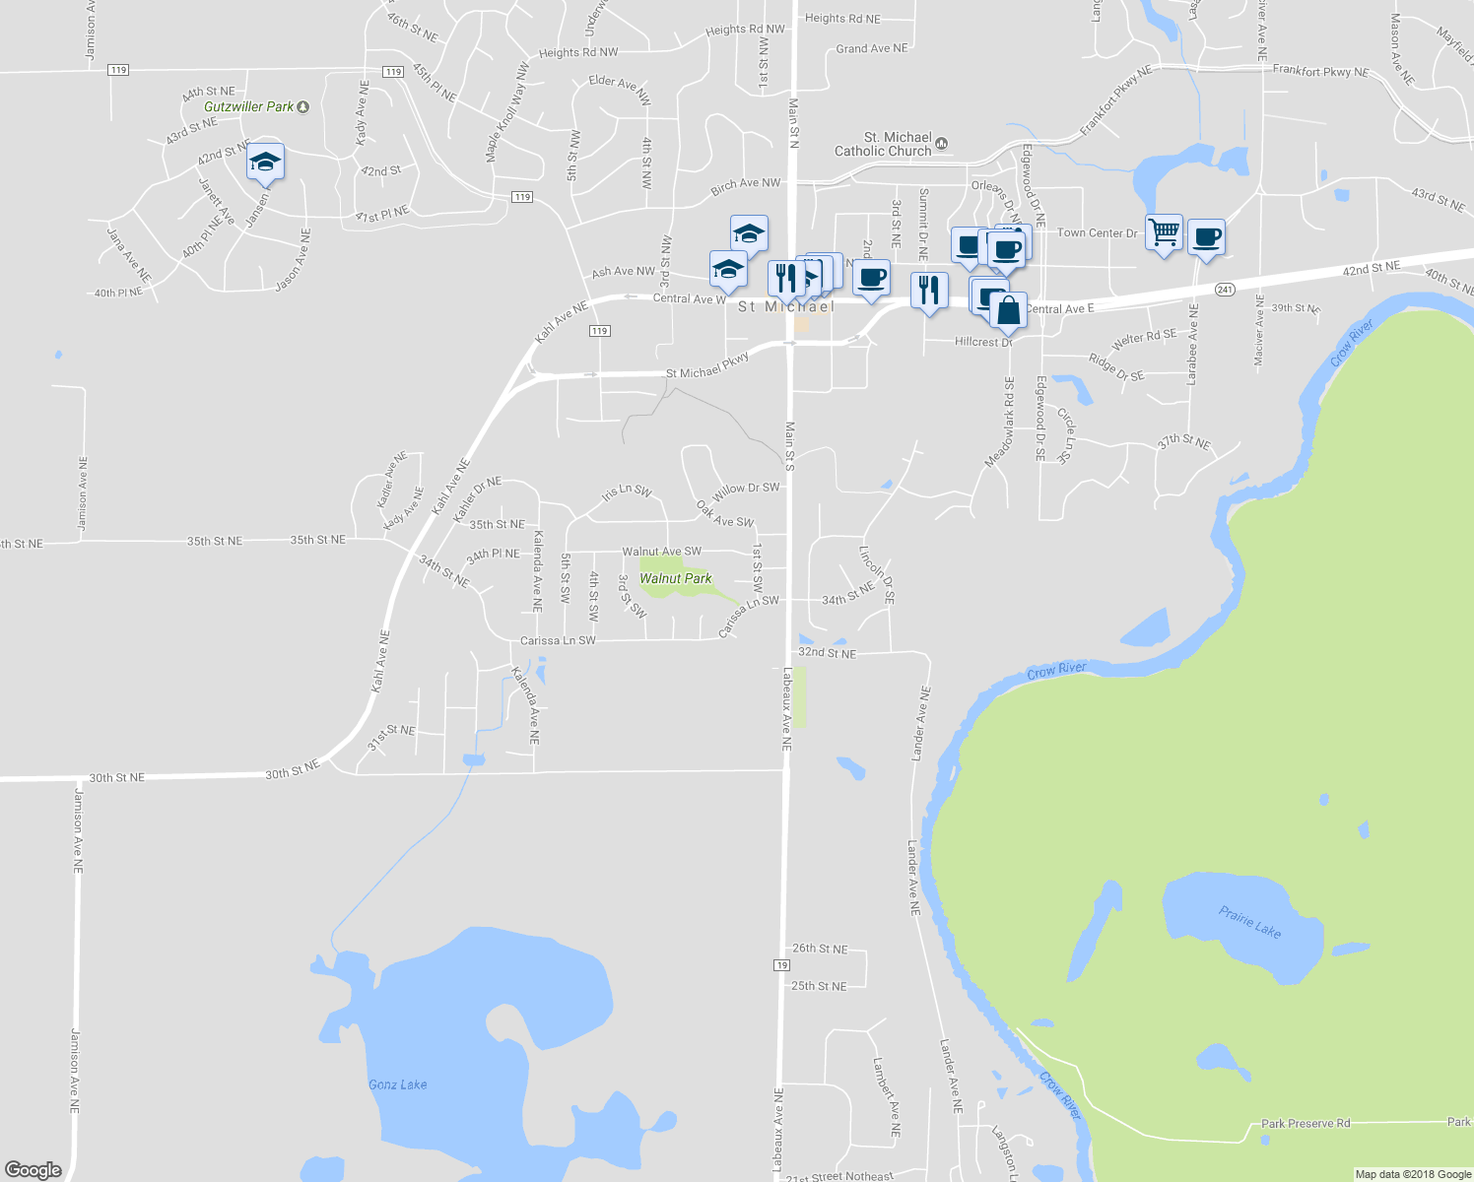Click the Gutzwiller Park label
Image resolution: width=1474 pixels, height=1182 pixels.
click(249, 106)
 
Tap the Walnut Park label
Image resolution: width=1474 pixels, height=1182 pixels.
click(676, 578)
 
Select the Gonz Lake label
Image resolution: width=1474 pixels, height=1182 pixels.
click(398, 1084)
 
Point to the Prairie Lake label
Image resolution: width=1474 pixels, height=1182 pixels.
click(1249, 923)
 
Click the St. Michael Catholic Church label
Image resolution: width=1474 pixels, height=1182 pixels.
click(883, 144)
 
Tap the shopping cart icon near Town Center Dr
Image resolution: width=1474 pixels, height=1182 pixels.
click(1165, 232)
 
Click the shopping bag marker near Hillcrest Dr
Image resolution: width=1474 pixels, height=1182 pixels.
click(1009, 311)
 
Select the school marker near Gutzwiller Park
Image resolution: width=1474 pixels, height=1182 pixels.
click(265, 162)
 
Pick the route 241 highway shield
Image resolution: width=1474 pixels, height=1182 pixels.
click(1225, 290)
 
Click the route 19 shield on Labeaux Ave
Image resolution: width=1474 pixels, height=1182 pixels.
click(781, 965)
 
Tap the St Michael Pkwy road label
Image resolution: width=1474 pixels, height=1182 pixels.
click(707, 366)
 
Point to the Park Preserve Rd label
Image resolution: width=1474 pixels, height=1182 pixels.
click(1306, 1123)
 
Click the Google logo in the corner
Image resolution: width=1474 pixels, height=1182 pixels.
click(33, 1169)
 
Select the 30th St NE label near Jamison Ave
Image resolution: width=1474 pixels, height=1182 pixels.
click(117, 777)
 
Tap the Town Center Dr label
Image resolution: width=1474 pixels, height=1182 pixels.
click(1097, 233)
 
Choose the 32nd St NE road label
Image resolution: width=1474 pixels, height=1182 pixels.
click(827, 653)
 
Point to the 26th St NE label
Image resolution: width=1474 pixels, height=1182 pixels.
click(820, 949)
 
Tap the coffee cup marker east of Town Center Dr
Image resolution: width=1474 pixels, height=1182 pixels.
click(1206, 237)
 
